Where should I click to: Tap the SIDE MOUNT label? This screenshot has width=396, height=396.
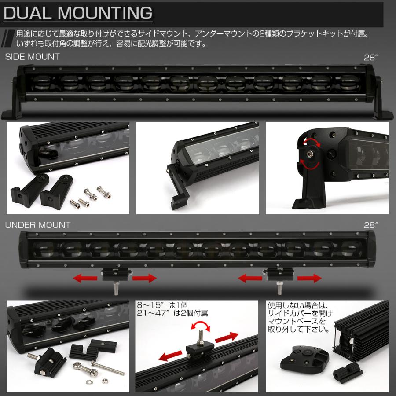tap(32, 57)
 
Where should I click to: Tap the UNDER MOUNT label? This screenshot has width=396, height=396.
tap(37, 225)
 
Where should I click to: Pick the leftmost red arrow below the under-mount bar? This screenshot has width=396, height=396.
tap(84, 278)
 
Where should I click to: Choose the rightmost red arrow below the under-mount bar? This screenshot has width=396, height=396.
tap(311, 278)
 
